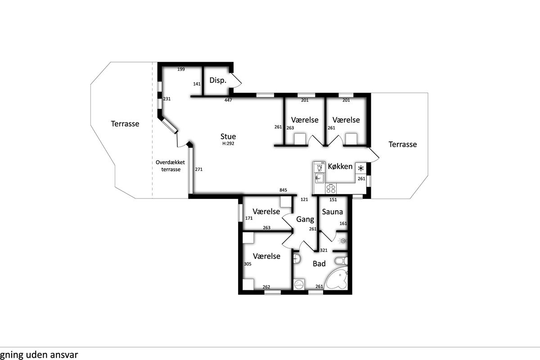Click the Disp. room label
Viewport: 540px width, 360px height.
click(218, 81)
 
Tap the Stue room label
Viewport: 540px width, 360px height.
click(228, 136)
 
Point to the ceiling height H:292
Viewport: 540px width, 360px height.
click(228, 144)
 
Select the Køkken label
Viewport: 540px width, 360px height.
click(340, 166)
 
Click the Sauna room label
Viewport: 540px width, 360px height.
click(332, 211)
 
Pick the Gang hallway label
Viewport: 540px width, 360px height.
click(305, 220)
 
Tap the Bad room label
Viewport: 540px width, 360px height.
click(319, 264)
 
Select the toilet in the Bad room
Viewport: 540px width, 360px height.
click(341, 261)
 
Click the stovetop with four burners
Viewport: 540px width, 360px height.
click(331, 189)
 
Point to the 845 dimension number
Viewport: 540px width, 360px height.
click(283, 190)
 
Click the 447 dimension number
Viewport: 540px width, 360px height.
click(228, 100)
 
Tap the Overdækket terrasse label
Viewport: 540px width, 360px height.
click(171, 166)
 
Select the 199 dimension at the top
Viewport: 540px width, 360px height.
click(181, 69)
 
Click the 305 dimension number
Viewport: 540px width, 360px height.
click(247, 264)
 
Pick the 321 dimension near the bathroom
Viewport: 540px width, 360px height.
click(324, 250)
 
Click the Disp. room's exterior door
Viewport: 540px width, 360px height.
click(236, 80)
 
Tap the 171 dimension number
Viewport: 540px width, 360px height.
click(249, 218)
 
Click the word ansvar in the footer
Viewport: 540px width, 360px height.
click(64, 355)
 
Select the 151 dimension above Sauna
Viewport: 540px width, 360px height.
click(333, 200)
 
